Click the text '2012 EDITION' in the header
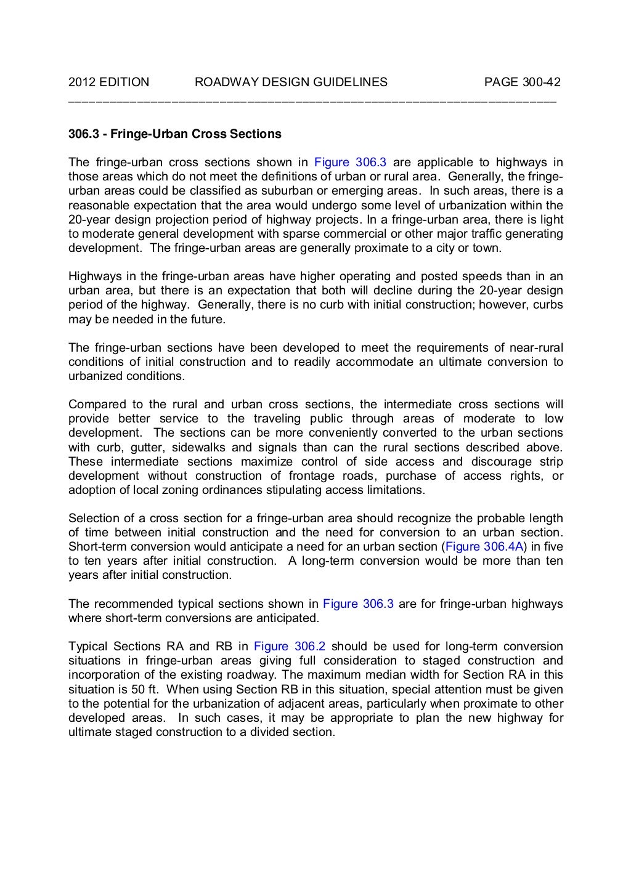108,82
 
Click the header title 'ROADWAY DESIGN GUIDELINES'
290,82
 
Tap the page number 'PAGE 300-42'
522,82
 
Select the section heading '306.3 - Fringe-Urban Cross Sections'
174,134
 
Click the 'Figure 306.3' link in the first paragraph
350,163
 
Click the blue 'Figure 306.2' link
290,646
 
